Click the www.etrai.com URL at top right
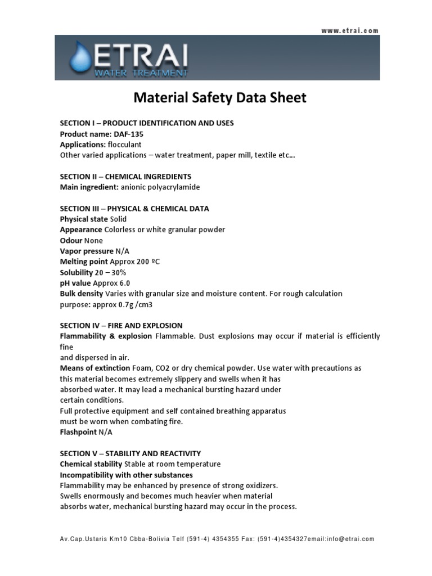[x=350, y=31]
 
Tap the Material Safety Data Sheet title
[x=220, y=98]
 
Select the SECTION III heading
[x=134, y=209]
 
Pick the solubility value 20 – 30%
[x=111, y=272]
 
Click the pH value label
[x=76, y=283]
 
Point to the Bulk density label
[x=82, y=294]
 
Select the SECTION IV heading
[x=121, y=326]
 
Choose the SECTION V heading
[x=130, y=453]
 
